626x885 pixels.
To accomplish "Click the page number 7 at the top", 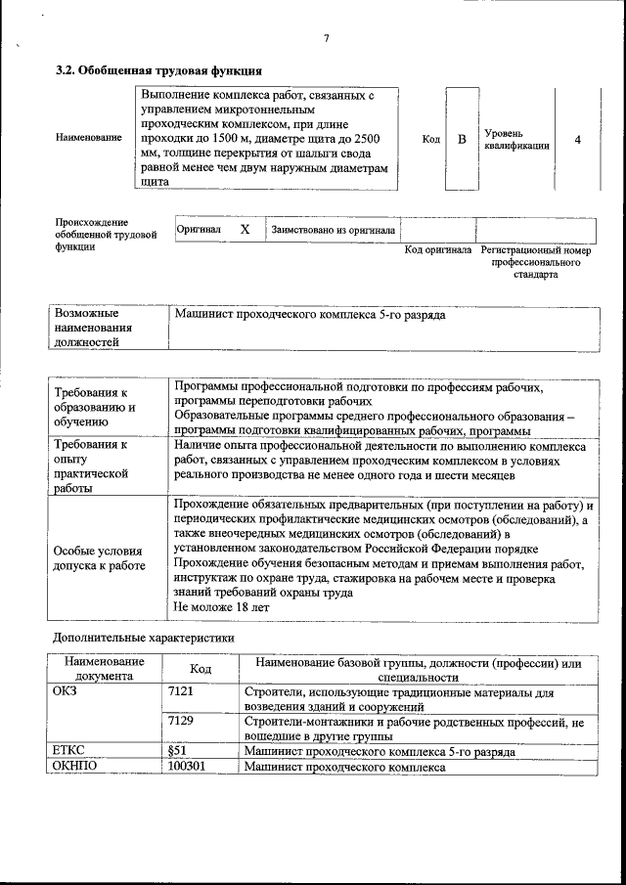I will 326,38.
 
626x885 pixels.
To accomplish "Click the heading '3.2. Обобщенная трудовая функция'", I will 157,70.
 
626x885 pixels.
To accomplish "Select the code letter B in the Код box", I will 462,139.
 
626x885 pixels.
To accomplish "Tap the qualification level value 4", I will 577,139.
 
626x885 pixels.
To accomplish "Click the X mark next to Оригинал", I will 246,230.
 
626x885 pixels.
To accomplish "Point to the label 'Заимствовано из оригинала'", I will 333,230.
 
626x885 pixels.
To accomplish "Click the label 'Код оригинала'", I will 437,250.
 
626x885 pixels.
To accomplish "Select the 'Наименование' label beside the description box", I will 89,138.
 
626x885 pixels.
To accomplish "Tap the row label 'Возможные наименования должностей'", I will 93,329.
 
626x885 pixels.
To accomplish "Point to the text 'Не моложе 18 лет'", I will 220,607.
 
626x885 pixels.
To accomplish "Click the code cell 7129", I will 182,721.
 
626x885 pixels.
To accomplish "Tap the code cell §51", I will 177,751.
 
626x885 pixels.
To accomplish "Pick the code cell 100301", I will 186,768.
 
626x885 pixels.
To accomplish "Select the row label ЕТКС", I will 69,751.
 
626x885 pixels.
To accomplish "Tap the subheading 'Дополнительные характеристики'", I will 143,638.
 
